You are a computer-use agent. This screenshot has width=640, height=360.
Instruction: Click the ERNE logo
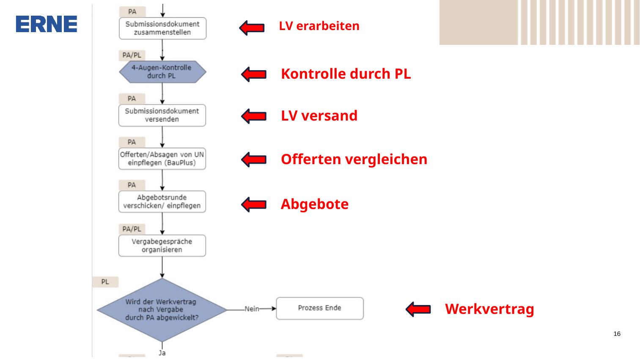[46, 24]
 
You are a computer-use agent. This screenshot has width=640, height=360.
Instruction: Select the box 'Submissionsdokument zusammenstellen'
[162, 28]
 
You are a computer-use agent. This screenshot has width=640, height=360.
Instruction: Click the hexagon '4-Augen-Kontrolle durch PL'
[162, 72]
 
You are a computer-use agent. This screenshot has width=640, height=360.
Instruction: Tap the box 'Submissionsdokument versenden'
[162, 115]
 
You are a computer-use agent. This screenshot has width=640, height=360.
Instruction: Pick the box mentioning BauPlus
[162, 159]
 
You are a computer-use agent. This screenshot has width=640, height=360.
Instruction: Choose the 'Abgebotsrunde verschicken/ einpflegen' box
[162, 201]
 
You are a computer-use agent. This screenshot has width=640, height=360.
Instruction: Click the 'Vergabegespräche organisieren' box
[162, 245]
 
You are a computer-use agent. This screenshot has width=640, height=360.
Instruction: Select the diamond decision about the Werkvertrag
[162, 310]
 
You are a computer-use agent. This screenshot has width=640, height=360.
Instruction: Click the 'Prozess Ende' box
[320, 308]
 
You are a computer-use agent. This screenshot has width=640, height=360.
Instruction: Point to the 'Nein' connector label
[252, 309]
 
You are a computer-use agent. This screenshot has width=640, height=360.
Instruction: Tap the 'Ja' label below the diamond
[162, 353]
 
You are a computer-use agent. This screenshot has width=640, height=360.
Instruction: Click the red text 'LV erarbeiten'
[319, 26]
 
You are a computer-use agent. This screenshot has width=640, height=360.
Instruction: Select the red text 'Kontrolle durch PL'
[346, 74]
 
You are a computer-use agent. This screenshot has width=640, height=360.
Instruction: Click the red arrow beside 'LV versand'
[254, 116]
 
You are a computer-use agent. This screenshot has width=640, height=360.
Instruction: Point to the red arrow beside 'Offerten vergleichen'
[254, 159]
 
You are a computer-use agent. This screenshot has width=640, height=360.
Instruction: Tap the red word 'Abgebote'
[315, 204]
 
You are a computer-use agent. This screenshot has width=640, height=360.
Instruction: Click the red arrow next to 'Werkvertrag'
[418, 309]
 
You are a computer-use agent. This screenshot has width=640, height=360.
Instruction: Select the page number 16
[617, 334]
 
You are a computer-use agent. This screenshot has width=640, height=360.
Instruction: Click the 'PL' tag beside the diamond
[105, 282]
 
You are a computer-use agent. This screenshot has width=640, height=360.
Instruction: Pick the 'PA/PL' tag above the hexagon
[132, 55]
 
